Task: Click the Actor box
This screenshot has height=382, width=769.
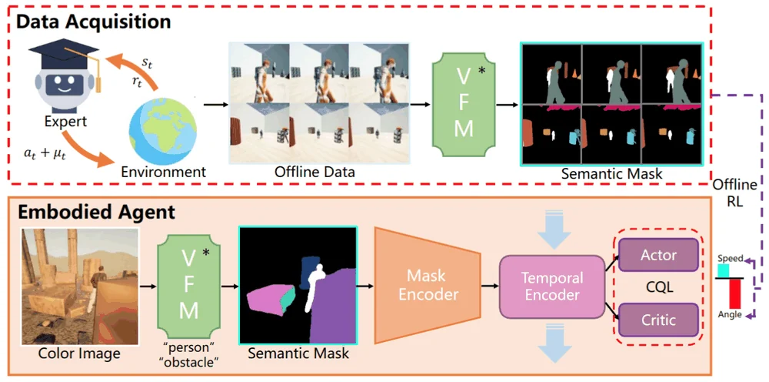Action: tap(658, 255)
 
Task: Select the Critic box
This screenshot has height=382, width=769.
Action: tap(658, 320)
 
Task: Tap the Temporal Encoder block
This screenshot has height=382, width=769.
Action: tap(552, 286)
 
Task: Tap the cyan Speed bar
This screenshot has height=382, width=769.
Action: tap(724, 271)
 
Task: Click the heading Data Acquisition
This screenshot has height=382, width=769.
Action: tap(94, 22)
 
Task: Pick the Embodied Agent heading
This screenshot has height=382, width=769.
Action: tap(96, 212)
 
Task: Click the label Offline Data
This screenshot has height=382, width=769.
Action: tap(315, 173)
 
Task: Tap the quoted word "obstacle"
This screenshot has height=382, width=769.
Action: tap(189, 363)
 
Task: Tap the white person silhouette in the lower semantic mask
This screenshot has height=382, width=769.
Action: tap(312, 288)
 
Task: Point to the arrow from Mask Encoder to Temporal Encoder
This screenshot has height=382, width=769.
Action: tap(489, 285)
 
